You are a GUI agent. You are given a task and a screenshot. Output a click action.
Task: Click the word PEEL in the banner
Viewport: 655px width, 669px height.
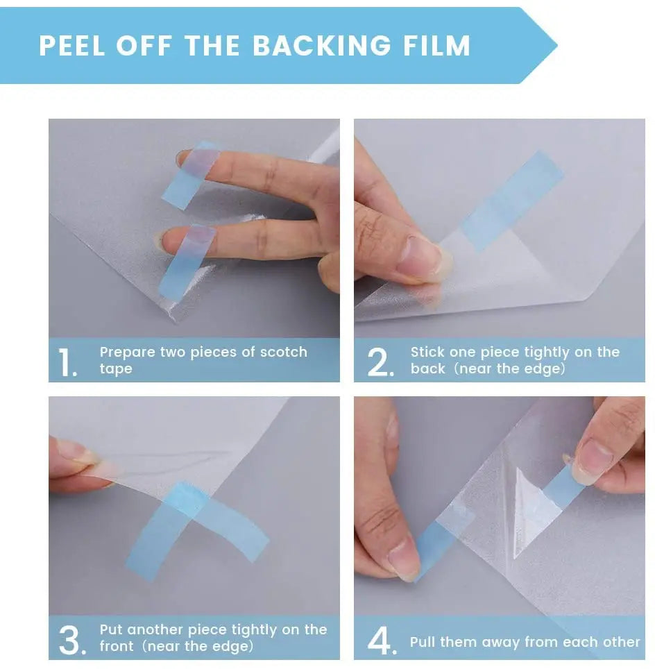coord(72,46)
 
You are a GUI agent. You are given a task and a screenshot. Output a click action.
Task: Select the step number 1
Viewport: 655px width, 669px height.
coord(67,363)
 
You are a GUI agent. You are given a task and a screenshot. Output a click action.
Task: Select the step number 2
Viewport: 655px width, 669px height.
coord(380,363)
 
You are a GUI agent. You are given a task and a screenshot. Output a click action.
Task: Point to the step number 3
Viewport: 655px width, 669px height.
coord(72,641)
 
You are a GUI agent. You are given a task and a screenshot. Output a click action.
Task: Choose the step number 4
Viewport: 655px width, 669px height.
coord(381,641)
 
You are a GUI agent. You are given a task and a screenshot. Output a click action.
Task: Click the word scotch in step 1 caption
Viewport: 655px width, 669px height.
coord(283,352)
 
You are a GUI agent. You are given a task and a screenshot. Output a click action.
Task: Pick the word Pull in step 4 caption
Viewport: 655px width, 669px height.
coord(425,642)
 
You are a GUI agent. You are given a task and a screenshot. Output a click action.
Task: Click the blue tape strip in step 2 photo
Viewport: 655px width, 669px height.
coord(511,201)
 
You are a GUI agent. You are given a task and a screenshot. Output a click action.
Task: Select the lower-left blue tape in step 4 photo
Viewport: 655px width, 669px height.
coord(432,541)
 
